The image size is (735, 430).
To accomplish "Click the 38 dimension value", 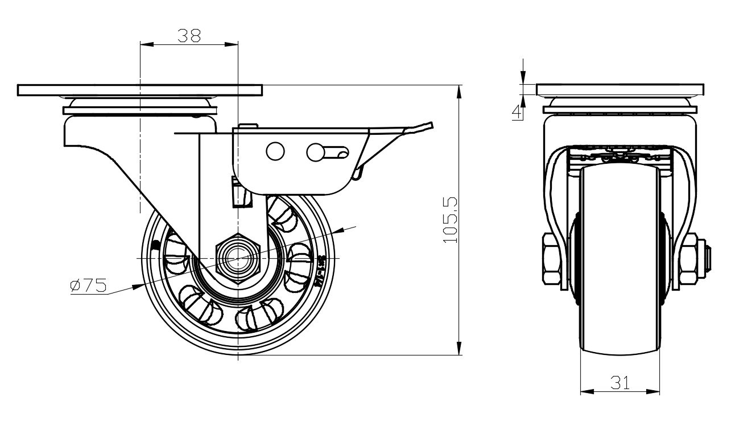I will click(189, 36).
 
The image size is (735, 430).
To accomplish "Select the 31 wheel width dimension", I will click(620, 383).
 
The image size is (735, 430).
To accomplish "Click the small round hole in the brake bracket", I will click(275, 151).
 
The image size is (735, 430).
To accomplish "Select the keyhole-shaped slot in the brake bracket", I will click(327, 152).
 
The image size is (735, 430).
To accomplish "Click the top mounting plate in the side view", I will click(140, 90).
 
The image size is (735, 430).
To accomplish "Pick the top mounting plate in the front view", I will click(620, 90).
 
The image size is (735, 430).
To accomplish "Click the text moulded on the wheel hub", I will click(321, 267).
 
